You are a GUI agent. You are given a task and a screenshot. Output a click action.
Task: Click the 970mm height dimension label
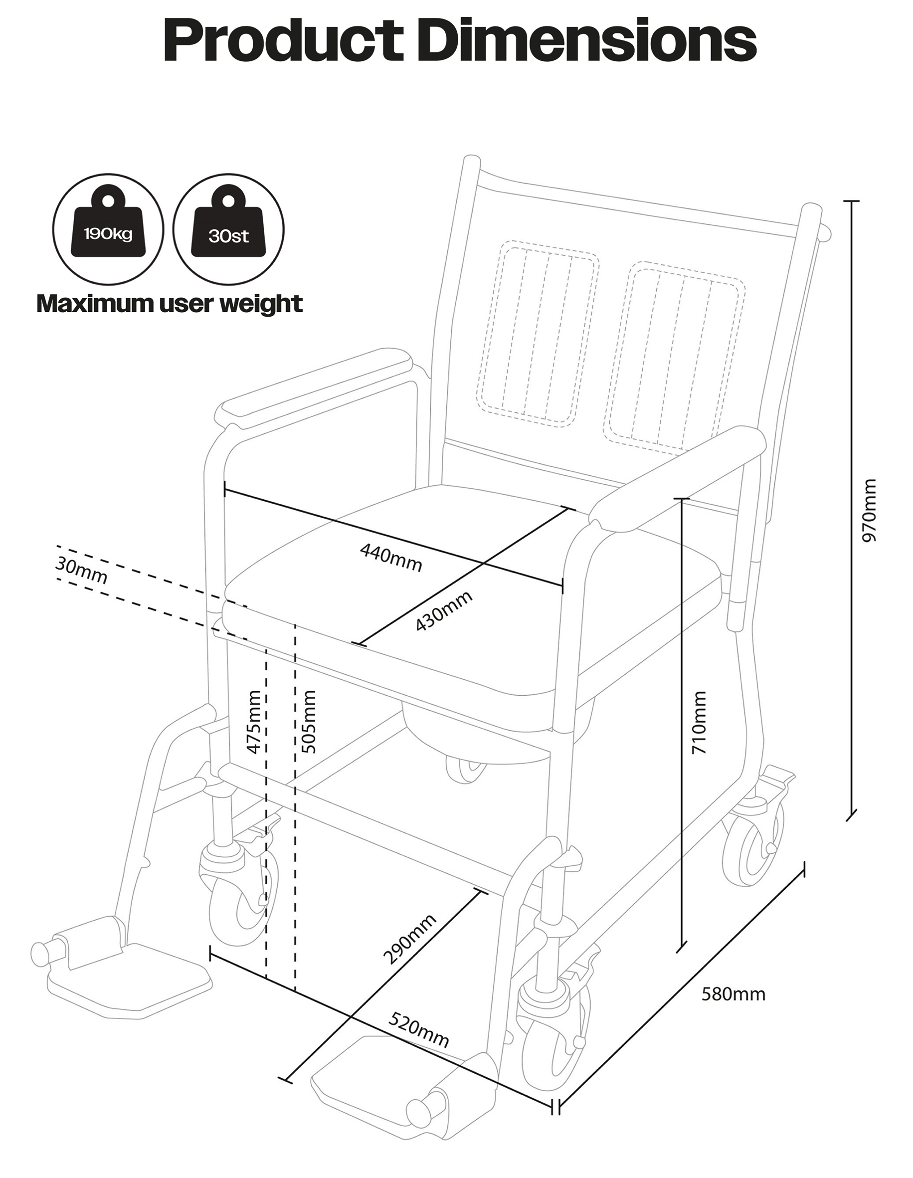[869, 510]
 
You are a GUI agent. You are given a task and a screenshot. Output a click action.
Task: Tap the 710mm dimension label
[699, 722]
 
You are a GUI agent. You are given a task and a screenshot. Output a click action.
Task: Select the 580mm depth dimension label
[733, 993]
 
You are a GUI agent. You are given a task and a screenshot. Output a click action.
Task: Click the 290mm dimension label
[409, 939]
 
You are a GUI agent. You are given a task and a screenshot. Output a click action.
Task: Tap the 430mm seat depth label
[444, 610]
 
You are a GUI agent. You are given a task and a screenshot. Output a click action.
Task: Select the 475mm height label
[253, 722]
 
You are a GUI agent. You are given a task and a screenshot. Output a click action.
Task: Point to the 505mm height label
[309, 722]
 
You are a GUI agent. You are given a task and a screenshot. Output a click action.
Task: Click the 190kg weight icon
[108, 229]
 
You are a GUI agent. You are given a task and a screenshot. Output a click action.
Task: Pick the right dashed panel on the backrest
[677, 356]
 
